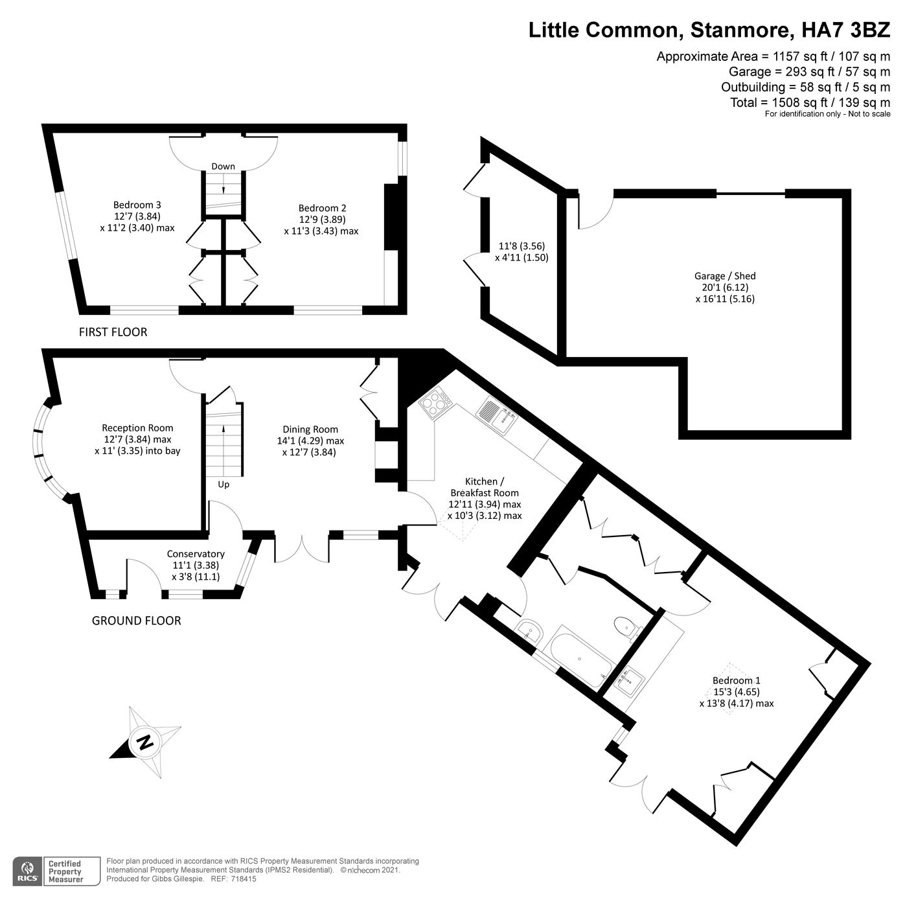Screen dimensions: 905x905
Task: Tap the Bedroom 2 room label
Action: [x=322, y=208]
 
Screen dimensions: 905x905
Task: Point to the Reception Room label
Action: [x=137, y=428]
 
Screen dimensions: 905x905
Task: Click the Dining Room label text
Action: [x=310, y=430]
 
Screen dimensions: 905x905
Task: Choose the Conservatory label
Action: [x=196, y=554]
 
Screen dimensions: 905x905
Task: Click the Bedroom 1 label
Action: [x=736, y=680]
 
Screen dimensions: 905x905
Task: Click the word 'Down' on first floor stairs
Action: [x=223, y=166]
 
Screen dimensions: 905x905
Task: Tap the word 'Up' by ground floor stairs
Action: [x=223, y=484]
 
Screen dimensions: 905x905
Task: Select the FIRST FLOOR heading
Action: [x=113, y=332]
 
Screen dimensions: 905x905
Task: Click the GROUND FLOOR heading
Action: [x=136, y=621]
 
